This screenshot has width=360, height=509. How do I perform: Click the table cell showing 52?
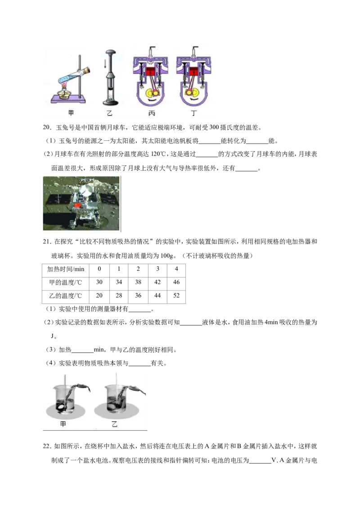pos(176,295)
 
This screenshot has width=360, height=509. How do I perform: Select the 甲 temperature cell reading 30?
pos(99,282)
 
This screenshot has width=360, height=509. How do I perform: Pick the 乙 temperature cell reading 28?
pos(119,295)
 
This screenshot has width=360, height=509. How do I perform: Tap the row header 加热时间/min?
pos(66,269)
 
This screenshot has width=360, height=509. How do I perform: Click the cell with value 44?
pos(157,295)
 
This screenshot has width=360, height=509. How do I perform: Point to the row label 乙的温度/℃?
pos(66,296)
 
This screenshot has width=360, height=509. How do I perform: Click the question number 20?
pos(47,128)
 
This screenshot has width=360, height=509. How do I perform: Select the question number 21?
pos(47,241)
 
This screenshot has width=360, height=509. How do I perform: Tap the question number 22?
pos(47,446)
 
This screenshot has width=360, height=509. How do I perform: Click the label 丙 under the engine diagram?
pos(152,113)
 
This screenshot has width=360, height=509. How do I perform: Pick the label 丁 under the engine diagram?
pos(194,113)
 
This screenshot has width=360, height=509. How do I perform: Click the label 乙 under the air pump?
pos(109,113)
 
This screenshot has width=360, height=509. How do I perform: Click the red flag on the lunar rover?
pos(77,206)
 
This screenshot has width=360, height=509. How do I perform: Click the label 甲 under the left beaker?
pos(63,424)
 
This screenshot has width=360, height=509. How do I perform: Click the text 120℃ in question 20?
pos(159,154)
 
